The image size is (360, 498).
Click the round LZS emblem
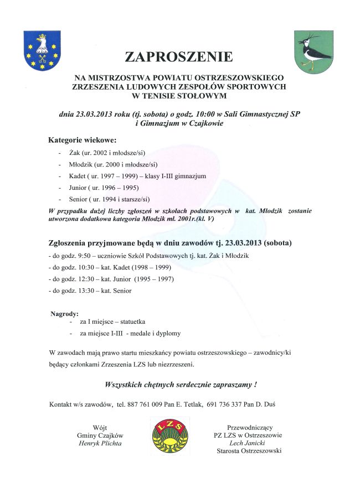(x=170, y=435)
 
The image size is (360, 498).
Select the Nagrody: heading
(x=65, y=313)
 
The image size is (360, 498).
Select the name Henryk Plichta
(x=100, y=444)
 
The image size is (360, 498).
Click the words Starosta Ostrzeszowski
(x=249, y=451)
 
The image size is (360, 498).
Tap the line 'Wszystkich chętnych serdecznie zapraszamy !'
(x=181, y=384)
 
